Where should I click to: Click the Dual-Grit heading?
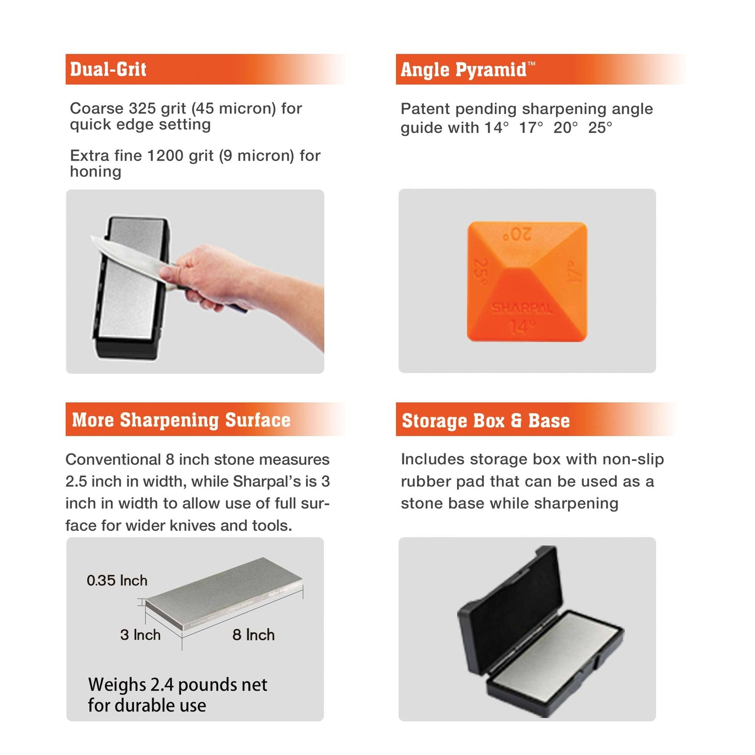108,69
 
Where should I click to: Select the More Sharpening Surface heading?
181,420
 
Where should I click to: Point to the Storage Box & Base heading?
486,421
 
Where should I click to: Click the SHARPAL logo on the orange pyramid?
522,309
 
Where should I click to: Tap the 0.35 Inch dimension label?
117,581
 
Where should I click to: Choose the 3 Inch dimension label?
140,635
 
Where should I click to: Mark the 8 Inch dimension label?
253,635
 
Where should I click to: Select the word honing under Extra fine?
96,171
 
